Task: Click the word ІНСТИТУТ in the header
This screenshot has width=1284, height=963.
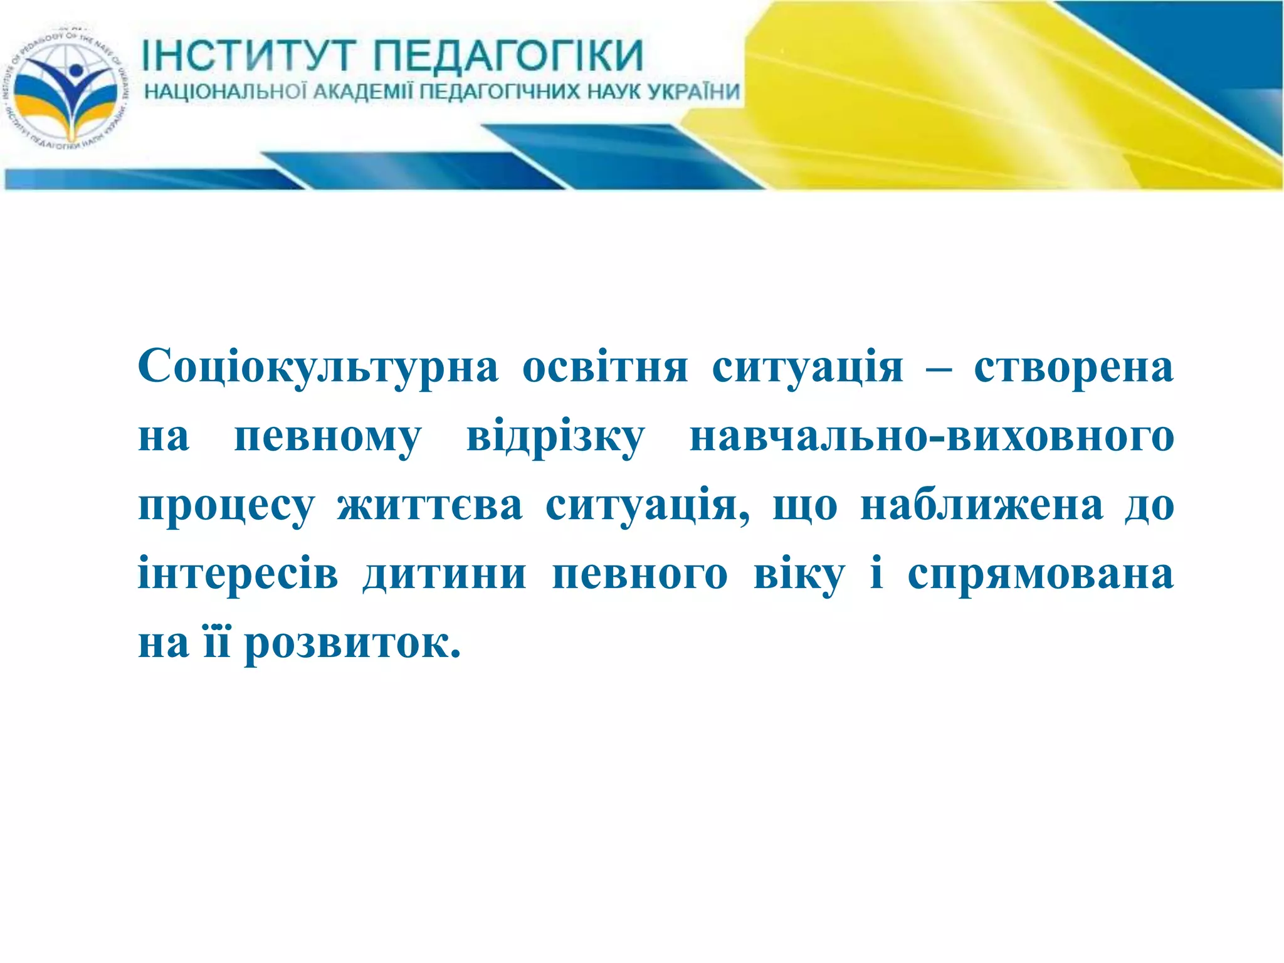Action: tap(248, 55)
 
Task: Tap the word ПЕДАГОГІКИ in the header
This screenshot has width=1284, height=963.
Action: tap(508, 55)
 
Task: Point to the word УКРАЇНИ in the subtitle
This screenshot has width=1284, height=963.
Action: tap(693, 92)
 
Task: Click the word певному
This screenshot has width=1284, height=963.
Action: tap(327, 438)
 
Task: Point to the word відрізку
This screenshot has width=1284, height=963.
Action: tap(555, 438)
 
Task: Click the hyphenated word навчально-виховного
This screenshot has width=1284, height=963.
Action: tap(932, 438)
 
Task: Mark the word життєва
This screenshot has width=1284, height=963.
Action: tap(429, 506)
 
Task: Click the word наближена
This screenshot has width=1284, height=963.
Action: tap(982, 506)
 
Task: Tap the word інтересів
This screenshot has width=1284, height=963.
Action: tap(238, 574)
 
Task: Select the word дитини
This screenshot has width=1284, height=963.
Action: tap(445, 574)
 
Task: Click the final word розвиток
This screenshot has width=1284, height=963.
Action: tap(352, 644)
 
